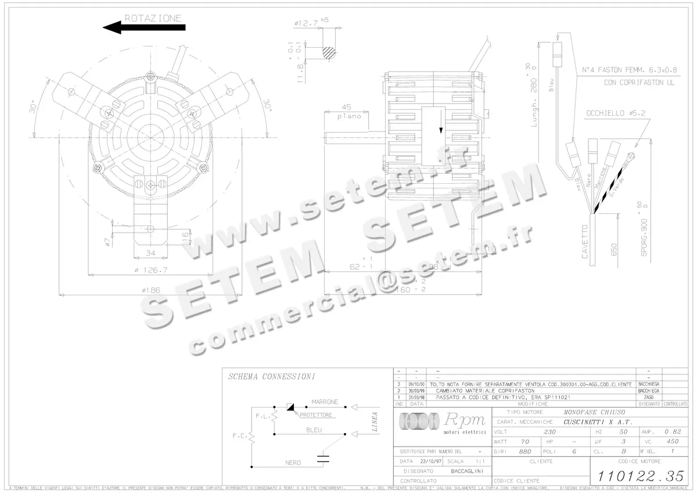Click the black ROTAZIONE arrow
point(143,27)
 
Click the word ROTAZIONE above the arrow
point(153,18)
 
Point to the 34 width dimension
point(150,253)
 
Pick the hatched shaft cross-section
point(329,53)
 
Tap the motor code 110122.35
point(637,476)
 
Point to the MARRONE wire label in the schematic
point(325,402)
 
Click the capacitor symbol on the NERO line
point(323,458)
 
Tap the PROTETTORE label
point(317,415)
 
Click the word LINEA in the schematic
point(375,423)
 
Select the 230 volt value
point(549,432)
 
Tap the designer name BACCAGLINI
point(462,470)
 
